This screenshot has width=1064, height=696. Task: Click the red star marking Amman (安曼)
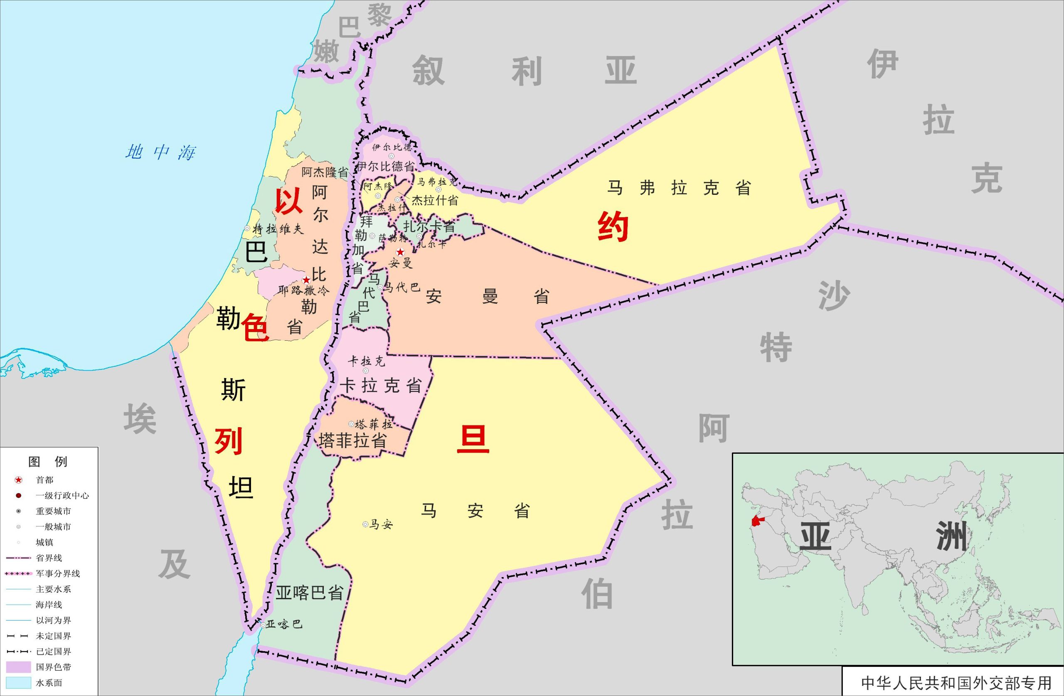[400, 252]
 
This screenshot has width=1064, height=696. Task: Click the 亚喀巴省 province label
[309, 593]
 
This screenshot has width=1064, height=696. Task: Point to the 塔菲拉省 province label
[352, 441]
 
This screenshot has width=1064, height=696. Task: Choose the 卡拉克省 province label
[380, 385]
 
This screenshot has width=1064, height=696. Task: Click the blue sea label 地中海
[160, 152]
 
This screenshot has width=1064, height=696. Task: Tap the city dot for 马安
[365, 524]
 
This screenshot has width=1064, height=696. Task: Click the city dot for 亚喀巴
[263, 625]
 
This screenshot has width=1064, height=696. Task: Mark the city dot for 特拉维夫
[247, 229]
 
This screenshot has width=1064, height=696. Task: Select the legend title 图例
[47, 462]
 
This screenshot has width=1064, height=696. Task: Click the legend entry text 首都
[45, 480]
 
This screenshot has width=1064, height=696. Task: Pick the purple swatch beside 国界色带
[18, 667]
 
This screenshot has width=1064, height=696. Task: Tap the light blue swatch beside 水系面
[18, 683]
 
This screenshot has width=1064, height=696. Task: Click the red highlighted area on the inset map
[756, 521]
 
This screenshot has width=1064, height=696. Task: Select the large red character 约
[613, 227]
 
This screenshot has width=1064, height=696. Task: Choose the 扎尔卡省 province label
[429, 226]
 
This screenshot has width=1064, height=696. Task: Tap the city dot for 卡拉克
[366, 371]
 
